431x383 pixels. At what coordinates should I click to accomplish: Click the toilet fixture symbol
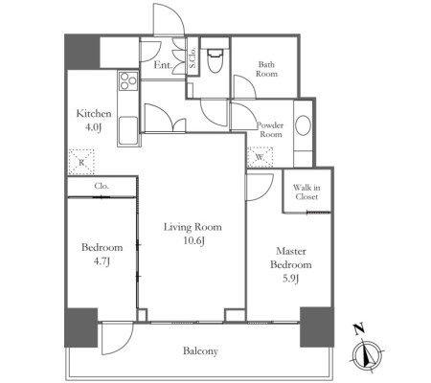(x=215, y=60)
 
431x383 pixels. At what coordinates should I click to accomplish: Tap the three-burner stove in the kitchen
(x=128, y=80)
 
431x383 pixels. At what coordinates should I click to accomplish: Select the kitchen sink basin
(x=128, y=131)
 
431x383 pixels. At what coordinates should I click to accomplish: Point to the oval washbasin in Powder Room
(x=303, y=125)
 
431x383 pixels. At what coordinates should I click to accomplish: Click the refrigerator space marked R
(x=81, y=162)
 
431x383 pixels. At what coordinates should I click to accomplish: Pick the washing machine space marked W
(x=261, y=157)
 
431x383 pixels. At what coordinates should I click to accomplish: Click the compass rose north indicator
(x=368, y=355)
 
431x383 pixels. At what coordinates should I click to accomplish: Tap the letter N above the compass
(x=359, y=328)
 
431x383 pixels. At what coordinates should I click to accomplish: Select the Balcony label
(x=200, y=351)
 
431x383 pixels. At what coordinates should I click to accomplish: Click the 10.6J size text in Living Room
(x=193, y=240)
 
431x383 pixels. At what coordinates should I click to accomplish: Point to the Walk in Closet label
(x=306, y=192)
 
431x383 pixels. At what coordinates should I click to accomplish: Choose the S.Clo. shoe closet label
(x=193, y=57)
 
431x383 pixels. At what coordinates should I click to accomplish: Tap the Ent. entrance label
(x=163, y=65)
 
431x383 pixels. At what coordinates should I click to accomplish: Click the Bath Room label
(x=266, y=69)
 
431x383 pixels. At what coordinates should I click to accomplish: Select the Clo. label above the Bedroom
(x=102, y=186)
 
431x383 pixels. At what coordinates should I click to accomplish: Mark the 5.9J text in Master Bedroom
(x=290, y=279)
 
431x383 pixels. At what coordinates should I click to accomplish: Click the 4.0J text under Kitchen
(x=93, y=127)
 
